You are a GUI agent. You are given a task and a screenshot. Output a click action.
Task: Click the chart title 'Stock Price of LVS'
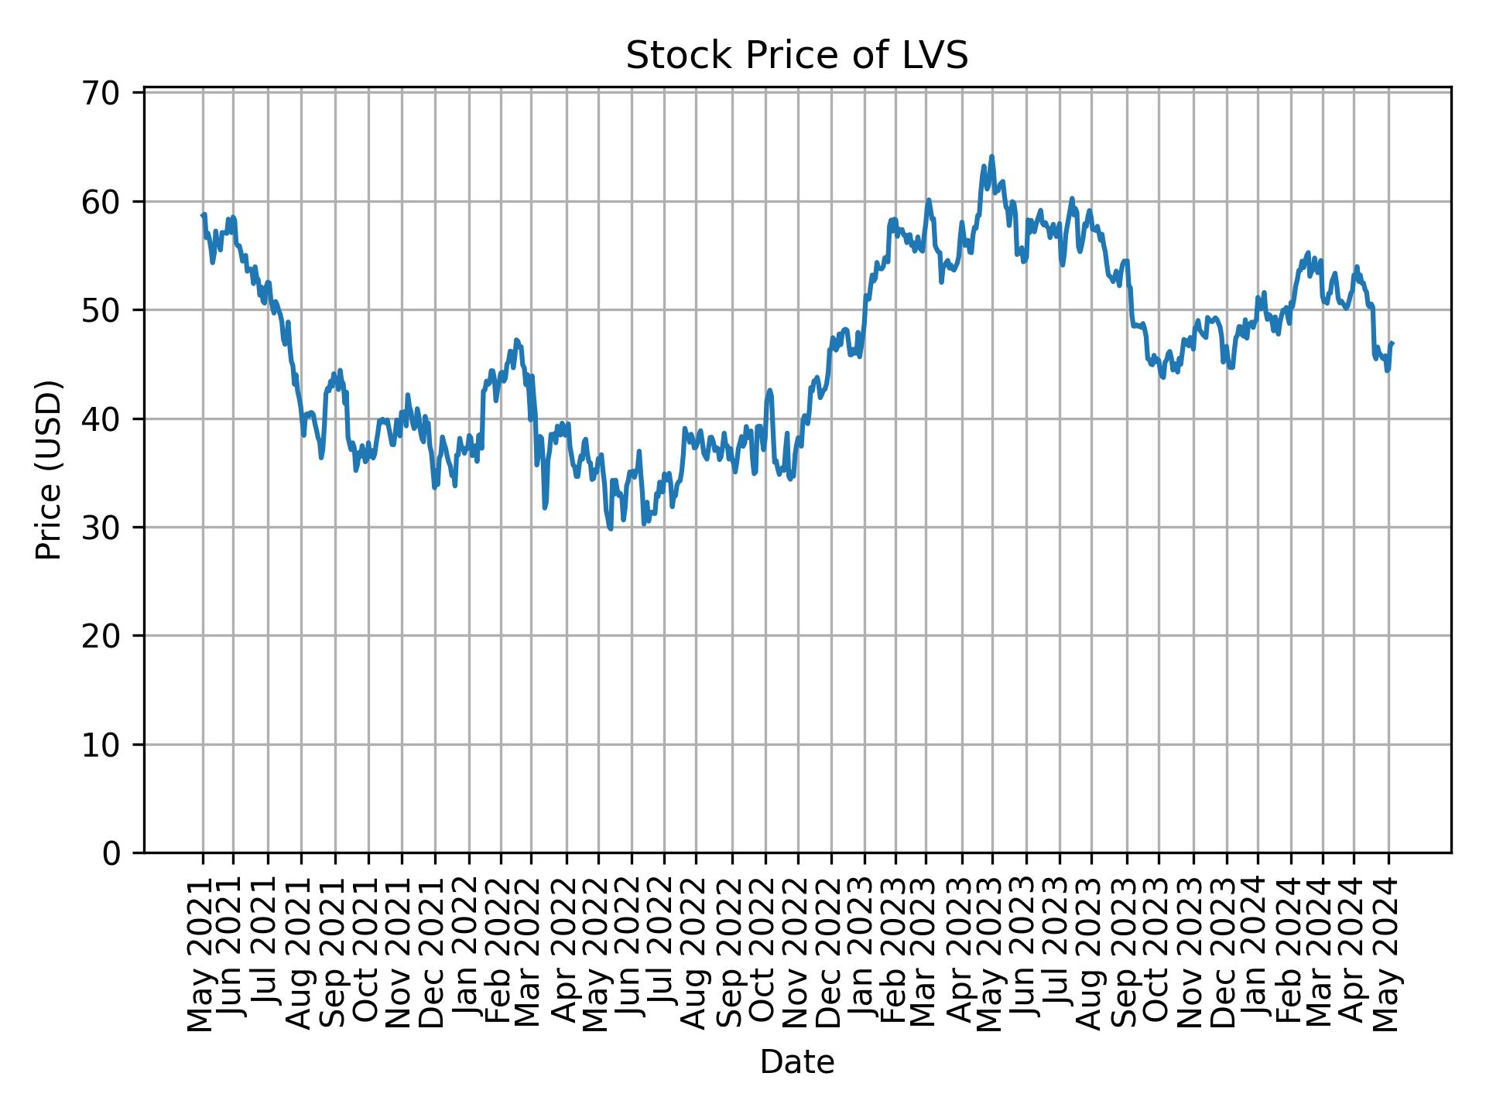(796, 56)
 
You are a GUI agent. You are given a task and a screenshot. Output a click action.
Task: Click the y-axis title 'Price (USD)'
(49, 470)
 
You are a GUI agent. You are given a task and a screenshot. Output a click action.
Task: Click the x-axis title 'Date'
(796, 1062)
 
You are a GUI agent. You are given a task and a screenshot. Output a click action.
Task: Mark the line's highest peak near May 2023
(991, 156)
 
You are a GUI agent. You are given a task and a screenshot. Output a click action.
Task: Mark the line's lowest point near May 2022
(611, 528)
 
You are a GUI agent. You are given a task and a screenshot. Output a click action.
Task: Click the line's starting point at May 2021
(203, 216)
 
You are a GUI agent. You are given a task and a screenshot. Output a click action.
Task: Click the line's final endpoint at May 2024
(1392, 343)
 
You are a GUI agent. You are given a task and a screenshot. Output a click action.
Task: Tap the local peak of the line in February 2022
(516, 339)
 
